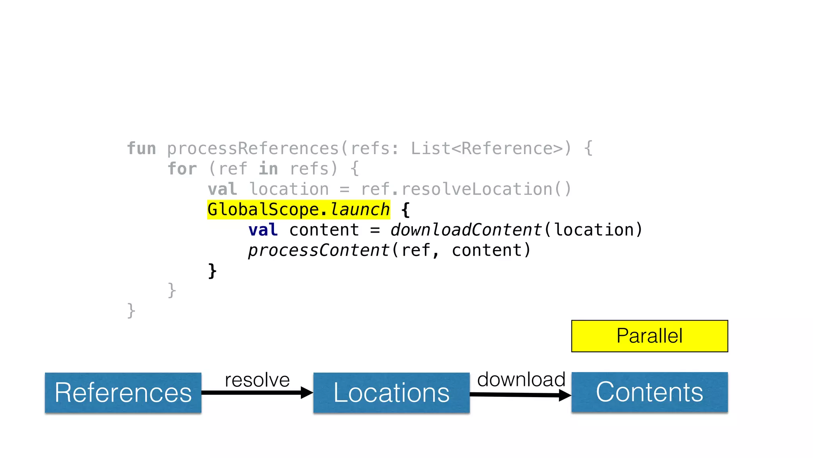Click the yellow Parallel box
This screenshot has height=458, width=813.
[649, 336]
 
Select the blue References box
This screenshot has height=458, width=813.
[123, 392]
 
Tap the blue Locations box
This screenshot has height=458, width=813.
[391, 392]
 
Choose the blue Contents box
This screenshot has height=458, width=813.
[649, 392]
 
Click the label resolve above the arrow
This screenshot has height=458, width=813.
[257, 380]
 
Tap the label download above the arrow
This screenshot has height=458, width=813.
[521, 379]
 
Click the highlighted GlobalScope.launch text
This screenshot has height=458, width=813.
[299, 210]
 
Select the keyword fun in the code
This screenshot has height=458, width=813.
[141, 149]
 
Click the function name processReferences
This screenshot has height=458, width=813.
[253, 149]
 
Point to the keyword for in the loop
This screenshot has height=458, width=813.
[182, 169]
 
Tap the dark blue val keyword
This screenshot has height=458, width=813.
[263, 230]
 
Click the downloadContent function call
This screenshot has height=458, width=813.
[466, 230]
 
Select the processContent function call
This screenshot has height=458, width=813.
[318, 250]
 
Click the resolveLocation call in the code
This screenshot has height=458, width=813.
[476, 189]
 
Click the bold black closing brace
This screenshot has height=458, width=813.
[212, 271]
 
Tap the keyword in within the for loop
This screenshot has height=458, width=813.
[268, 169]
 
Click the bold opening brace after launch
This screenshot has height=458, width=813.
[405, 210]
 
